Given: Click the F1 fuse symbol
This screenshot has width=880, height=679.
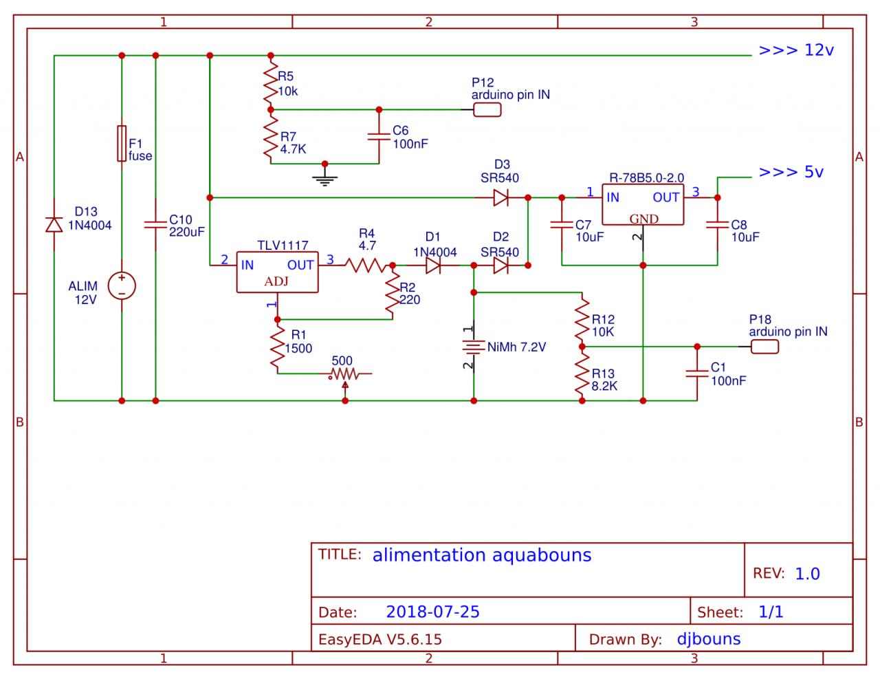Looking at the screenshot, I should pyautogui.click(x=122, y=144).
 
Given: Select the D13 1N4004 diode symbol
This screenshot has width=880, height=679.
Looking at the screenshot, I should pyautogui.click(x=54, y=224).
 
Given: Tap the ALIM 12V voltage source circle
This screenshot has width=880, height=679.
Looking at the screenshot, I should pyautogui.click(x=122, y=286).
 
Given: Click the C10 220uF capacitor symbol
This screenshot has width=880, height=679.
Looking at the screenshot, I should pyautogui.click(x=155, y=224).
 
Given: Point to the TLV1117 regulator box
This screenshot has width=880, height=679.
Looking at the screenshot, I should pyautogui.click(x=277, y=272).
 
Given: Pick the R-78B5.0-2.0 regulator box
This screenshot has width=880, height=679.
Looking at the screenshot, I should pyautogui.click(x=643, y=204).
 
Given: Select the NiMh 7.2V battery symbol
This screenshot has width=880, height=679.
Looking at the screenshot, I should pyautogui.click(x=474, y=347).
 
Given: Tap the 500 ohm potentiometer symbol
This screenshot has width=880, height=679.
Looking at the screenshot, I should pyautogui.click(x=343, y=374).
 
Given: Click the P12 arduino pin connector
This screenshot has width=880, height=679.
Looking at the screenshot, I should pyautogui.click(x=487, y=109).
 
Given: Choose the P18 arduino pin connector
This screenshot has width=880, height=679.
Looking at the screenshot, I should pyautogui.click(x=764, y=346).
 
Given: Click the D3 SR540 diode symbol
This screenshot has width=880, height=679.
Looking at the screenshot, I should pyautogui.click(x=501, y=198).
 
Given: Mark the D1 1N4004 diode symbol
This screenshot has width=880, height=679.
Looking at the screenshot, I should pyautogui.click(x=434, y=266).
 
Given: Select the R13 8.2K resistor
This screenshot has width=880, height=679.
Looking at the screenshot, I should pyautogui.click(x=582, y=374).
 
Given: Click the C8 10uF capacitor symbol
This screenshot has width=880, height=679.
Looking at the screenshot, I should pyautogui.click(x=717, y=225).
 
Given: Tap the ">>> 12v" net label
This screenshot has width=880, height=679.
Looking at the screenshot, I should pyautogui.click(x=796, y=51).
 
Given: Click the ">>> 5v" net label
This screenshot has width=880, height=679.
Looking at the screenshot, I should pyautogui.click(x=791, y=172).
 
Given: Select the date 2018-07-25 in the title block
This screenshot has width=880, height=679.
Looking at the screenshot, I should pyautogui.click(x=432, y=612).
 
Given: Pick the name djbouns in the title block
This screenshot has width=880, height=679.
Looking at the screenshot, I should pyautogui.click(x=708, y=639).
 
